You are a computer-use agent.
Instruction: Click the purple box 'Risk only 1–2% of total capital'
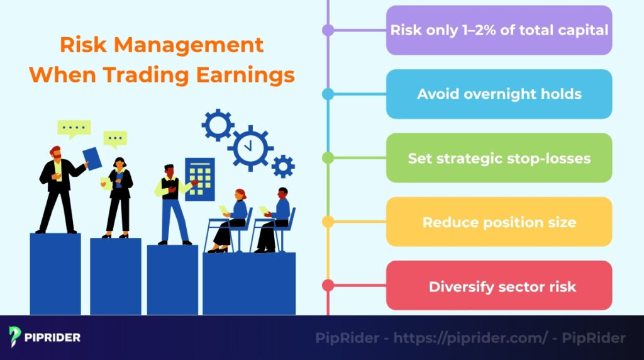pos(499,30)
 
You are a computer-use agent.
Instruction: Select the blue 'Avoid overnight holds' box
pos(499,94)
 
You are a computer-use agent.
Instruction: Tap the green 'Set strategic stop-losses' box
pos(499,158)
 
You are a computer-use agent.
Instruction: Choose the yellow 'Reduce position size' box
pos(499,222)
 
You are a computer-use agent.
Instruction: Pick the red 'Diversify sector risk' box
pos(499,286)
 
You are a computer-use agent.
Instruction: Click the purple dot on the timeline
pos(328,30)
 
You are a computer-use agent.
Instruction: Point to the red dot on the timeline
pos(328,286)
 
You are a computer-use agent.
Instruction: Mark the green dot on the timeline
pos(328,158)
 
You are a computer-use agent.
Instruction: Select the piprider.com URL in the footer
pos(468,338)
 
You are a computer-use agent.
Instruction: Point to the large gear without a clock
pos(218,125)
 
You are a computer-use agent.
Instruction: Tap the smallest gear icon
pos(283,166)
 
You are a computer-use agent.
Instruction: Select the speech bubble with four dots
pos(74,128)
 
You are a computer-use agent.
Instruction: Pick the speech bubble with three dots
pos(115,138)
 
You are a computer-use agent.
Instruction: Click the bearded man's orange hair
pos(55,149)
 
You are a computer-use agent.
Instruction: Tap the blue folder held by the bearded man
pos(92,158)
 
